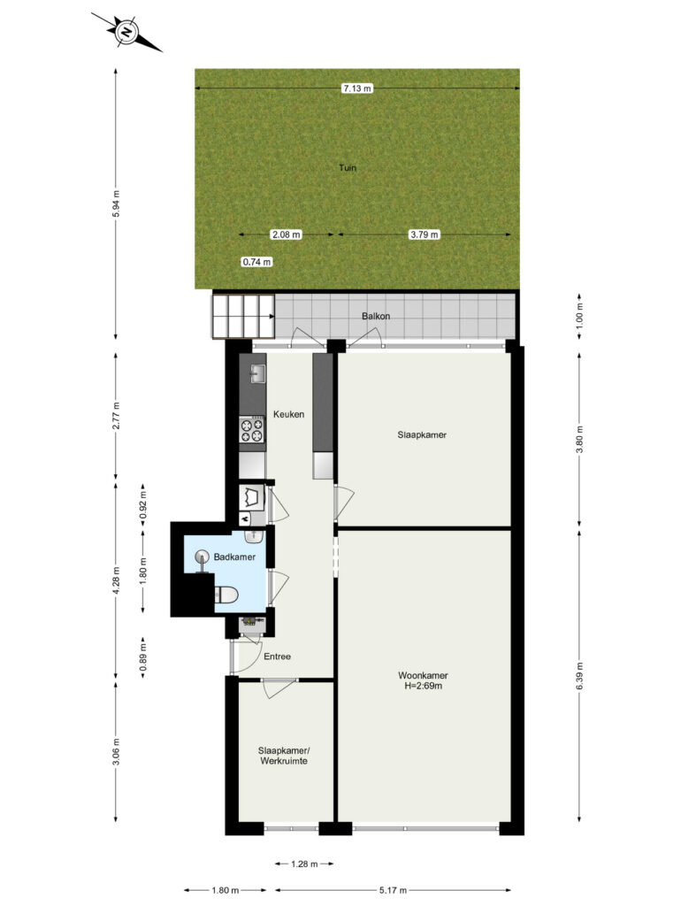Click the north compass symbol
126,32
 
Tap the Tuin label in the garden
348,167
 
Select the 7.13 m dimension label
357,88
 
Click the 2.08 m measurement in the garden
286,234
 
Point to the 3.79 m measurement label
424,234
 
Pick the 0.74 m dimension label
256,262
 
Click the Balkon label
376,316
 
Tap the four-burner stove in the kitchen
252,431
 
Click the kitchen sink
257,374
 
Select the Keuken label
288,414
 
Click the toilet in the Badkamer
226,595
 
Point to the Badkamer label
234,557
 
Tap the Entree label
278,656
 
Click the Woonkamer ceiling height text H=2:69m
423,686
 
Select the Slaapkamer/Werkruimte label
284,756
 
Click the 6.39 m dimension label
579,675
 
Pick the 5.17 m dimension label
393,890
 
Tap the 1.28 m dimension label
304,864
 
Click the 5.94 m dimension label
116,203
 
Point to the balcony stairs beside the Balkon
243,316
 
